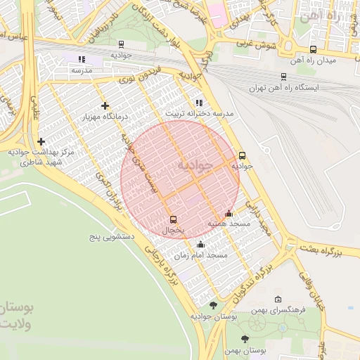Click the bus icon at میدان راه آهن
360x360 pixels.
(313, 49)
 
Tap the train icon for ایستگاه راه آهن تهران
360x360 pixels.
(283, 77)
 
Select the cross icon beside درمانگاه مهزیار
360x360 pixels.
(105, 105)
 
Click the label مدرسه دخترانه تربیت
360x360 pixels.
(199, 113)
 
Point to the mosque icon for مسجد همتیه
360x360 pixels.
(228, 212)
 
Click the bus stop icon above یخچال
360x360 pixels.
(174, 219)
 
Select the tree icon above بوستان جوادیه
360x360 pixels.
(214, 304)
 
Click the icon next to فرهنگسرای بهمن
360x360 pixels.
(278, 300)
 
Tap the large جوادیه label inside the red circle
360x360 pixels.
(194, 165)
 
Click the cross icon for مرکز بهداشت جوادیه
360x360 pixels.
(41, 141)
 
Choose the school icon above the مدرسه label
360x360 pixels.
(82, 60)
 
